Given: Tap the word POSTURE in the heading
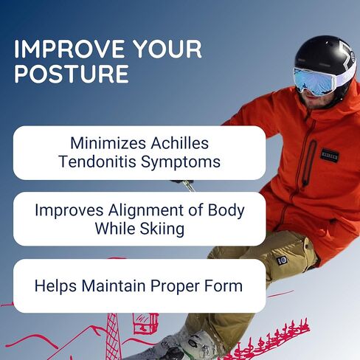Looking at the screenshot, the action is coord(72,74).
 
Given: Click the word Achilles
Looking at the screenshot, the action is coord(180,143).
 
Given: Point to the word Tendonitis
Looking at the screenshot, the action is coord(97,162).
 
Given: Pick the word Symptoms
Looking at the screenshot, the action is coord(181,162).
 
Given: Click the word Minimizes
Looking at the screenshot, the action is coord(108,143).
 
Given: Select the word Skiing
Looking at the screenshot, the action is coord(162,229).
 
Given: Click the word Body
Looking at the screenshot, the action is coord(226,211).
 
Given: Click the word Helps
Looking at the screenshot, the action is coord(55,286).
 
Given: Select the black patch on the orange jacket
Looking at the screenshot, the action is coord(330,156).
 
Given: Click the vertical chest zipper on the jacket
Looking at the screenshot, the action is coord(309,163).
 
